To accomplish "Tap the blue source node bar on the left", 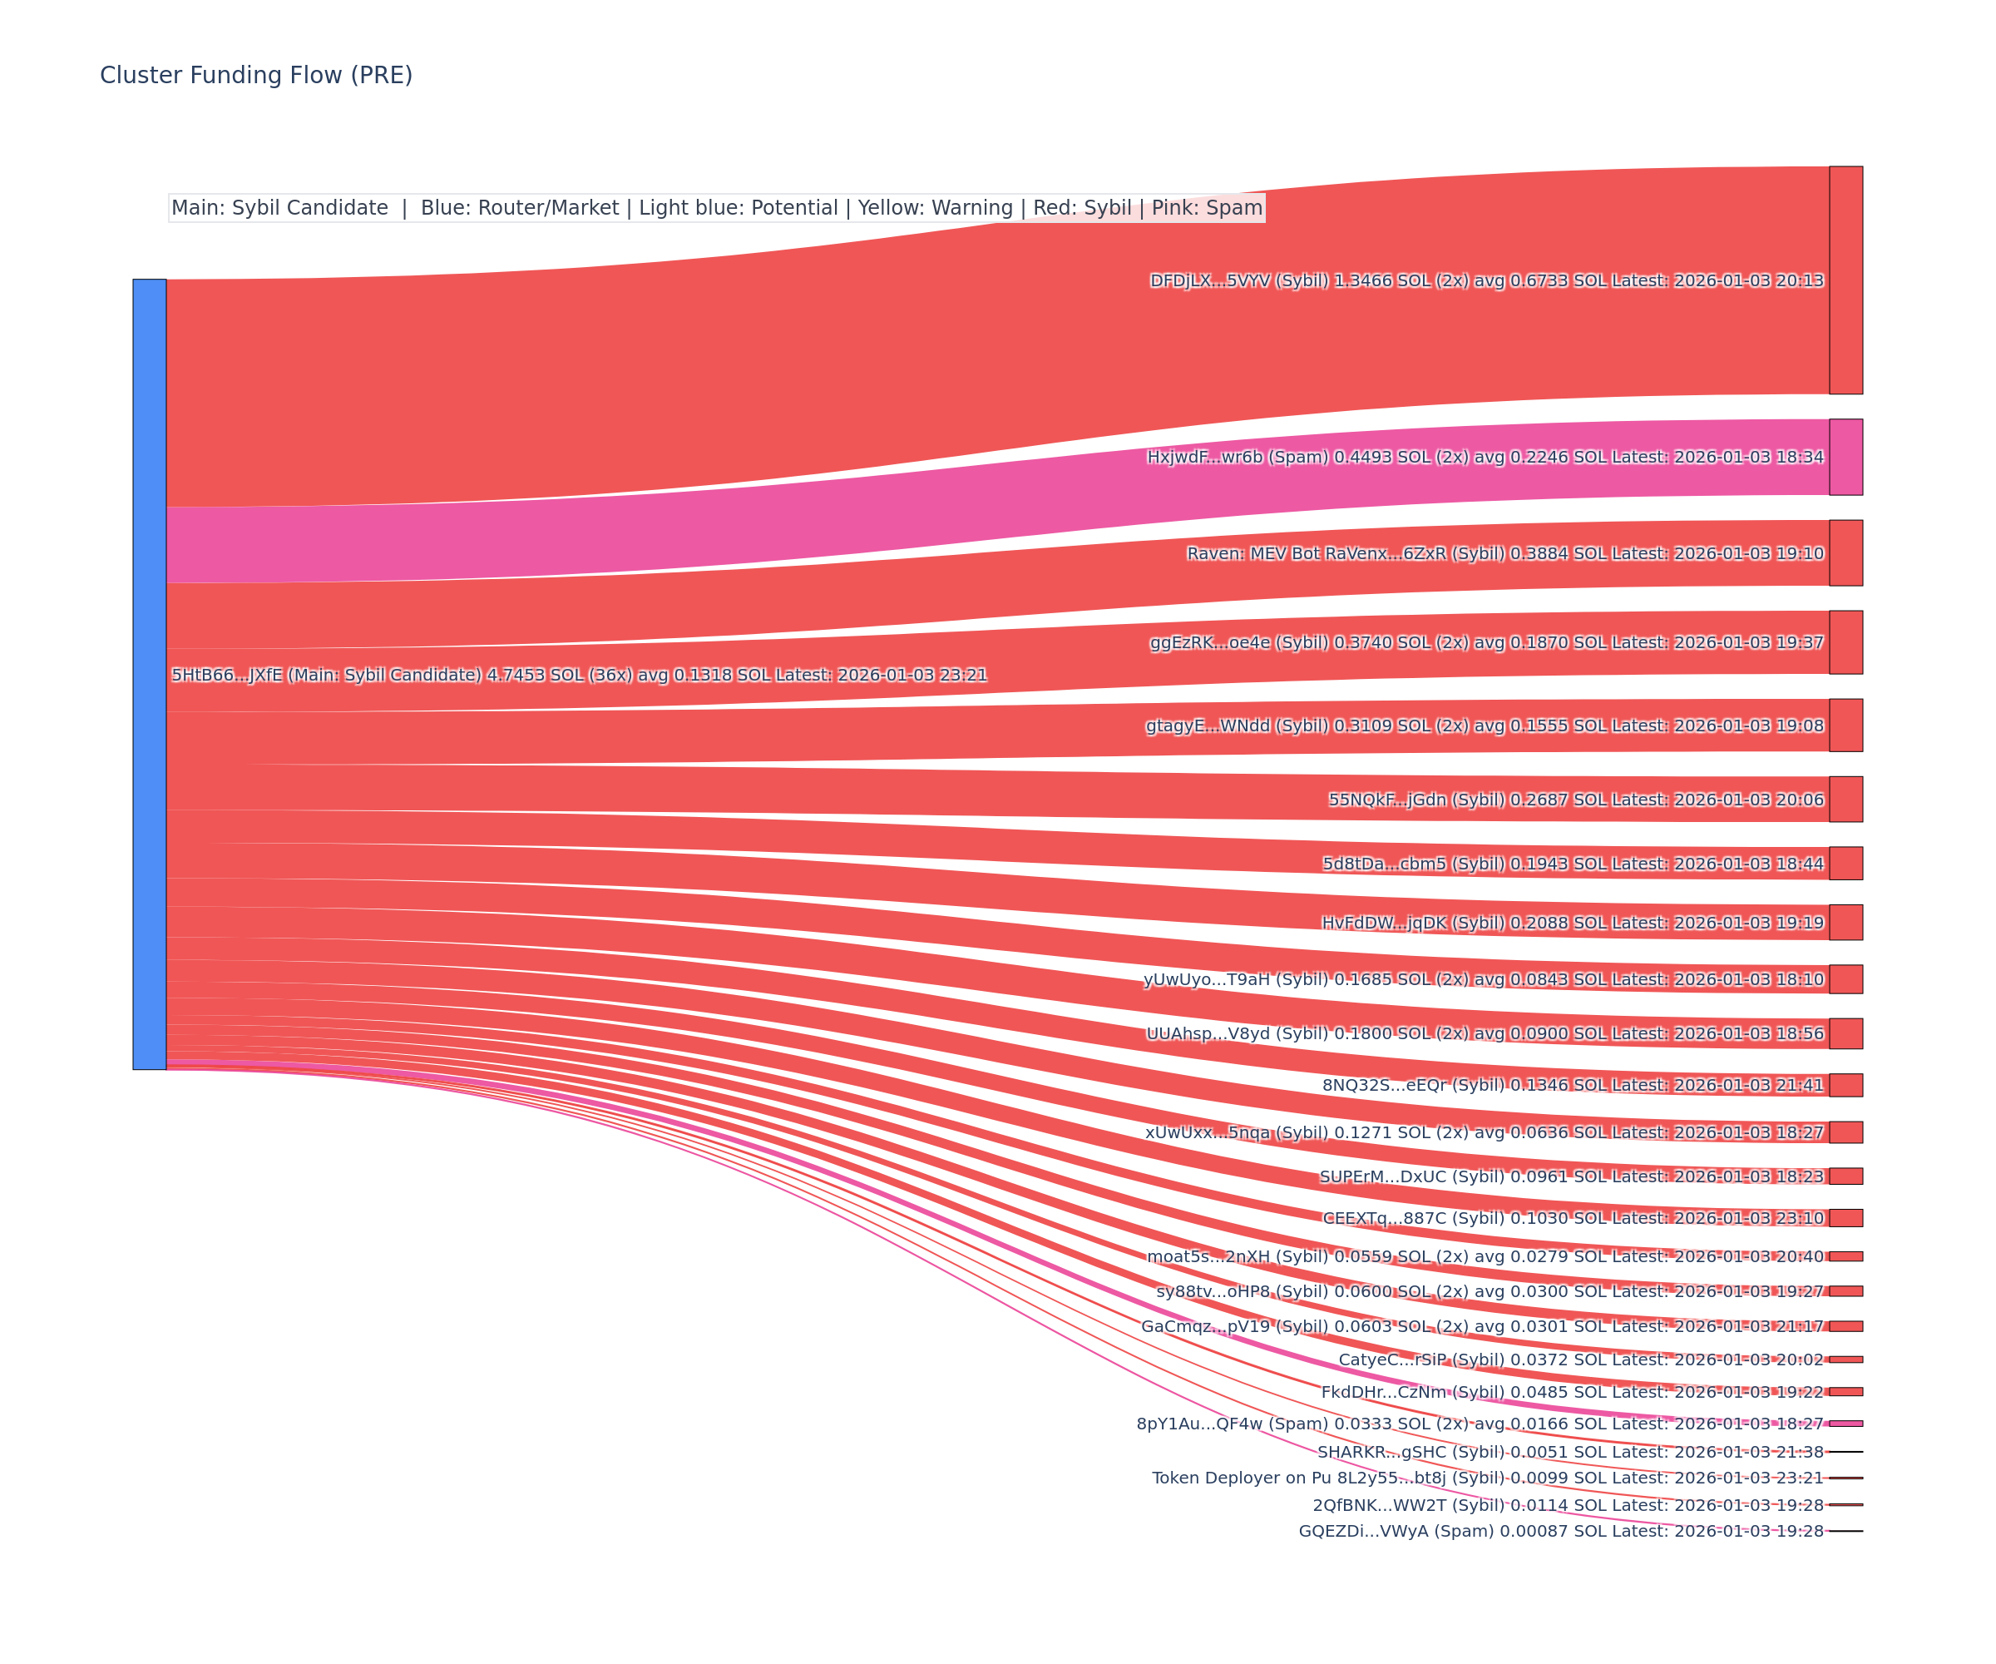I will click(x=149, y=673).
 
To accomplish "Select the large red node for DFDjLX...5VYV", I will click(x=1845, y=280).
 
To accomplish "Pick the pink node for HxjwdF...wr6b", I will click(x=1845, y=457).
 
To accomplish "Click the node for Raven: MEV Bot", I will click(x=1845, y=552).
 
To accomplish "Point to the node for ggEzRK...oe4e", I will click(x=1845, y=641).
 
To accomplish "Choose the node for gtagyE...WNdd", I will click(x=1845, y=725).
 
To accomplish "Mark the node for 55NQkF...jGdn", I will click(x=1845, y=799).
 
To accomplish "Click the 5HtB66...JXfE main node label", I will click(x=579, y=675).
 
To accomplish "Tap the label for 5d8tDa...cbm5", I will click(x=1572, y=864).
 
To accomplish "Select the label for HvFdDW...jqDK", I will click(x=1572, y=923).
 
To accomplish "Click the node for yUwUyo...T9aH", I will click(x=1845, y=978).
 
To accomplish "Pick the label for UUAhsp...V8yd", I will click(x=1485, y=1033).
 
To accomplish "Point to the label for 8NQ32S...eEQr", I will click(x=1572, y=1085).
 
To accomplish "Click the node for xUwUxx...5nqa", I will click(x=1845, y=1132).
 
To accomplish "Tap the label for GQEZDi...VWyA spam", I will click(x=1561, y=1531).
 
